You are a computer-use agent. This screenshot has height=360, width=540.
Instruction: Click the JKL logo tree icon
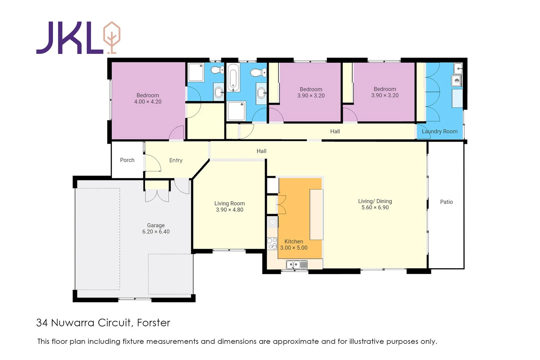pyautogui.click(x=112, y=37)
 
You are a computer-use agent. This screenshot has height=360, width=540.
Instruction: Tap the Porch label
pyautogui.click(x=127, y=160)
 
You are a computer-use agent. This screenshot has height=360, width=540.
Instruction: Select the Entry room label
pyautogui.click(x=176, y=160)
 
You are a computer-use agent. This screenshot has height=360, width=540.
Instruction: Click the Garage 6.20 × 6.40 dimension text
pyautogui.click(x=156, y=232)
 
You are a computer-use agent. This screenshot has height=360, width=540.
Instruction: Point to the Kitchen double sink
pyautogui.click(x=297, y=265)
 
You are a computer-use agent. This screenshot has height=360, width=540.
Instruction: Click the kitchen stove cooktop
pyautogui.click(x=272, y=244)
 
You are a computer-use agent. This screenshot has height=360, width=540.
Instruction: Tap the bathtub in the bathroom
pyautogui.click(x=233, y=77)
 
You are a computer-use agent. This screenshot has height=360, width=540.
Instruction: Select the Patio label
pyautogui.click(x=446, y=202)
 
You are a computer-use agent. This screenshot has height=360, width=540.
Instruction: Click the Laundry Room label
pyautogui.click(x=440, y=131)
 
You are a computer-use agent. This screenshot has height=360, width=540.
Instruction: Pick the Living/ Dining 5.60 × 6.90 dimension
pyautogui.click(x=375, y=207)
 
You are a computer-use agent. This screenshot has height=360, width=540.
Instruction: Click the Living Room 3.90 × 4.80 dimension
pyautogui.click(x=229, y=210)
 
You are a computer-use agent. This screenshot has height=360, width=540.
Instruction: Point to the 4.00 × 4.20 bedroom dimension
pyautogui.click(x=148, y=102)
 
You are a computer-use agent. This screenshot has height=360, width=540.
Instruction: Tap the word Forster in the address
pyautogui.click(x=153, y=323)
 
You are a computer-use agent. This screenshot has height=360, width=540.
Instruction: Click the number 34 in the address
pyautogui.click(x=42, y=323)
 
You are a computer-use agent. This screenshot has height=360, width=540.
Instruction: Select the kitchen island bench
pyautogui.click(x=316, y=214)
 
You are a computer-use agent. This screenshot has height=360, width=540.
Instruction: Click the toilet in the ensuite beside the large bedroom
pyautogui.click(x=217, y=70)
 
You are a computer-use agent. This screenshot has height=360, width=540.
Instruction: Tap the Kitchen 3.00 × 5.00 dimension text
pyautogui.click(x=294, y=248)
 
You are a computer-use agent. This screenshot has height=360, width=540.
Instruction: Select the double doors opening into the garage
pyautogui.click(x=157, y=196)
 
